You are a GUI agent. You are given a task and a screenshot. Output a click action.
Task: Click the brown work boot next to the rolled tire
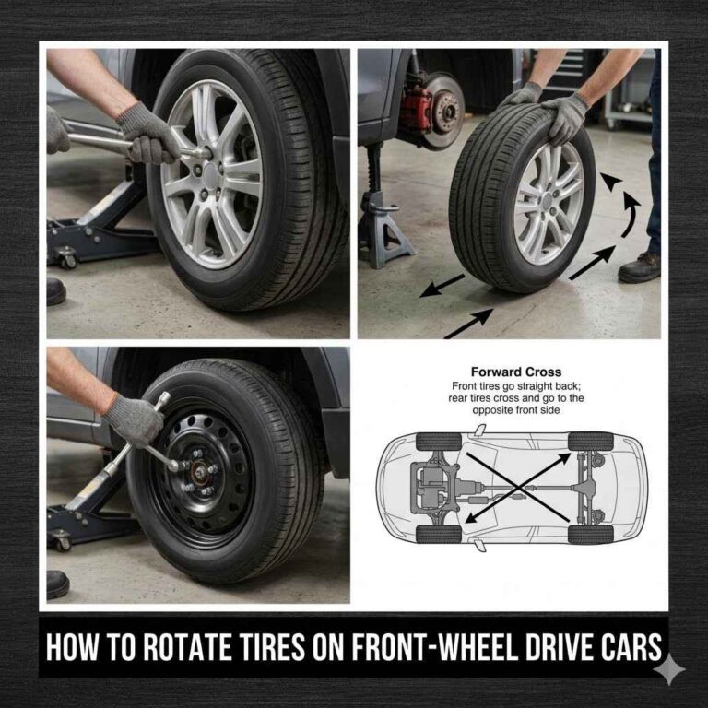point(640,266)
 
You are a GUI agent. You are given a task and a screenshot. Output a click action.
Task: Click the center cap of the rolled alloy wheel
point(548,205)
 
